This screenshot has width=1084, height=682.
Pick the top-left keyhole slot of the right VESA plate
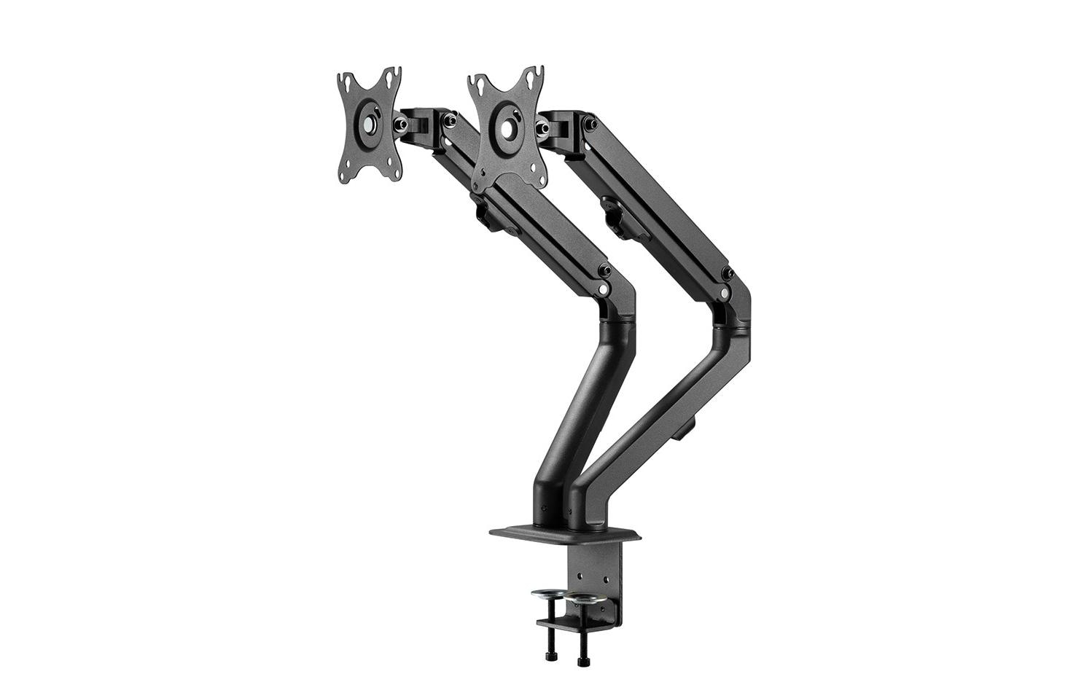click(x=478, y=81)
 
